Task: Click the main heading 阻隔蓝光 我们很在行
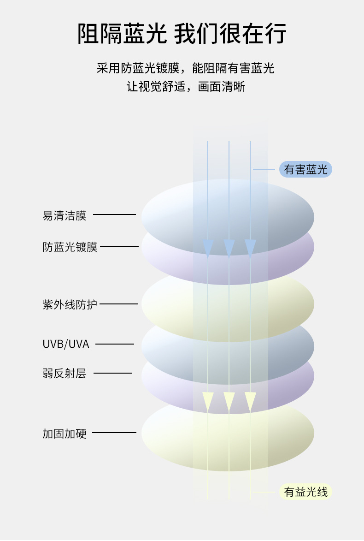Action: pyautogui.click(x=182, y=34)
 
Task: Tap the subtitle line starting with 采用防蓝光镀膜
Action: pyautogui.click(x=185, y=68)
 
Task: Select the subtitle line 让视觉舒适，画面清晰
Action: pyautogui.click(x=185, y=87)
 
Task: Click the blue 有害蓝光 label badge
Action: pyautogui.click(x=305, y=170)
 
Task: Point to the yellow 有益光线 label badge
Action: pyautogui.click(x=305, y=492)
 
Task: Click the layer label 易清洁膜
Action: pyautogui.click(x=65, y=215)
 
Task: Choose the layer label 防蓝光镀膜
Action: pyautogui.click(x=70, y=247)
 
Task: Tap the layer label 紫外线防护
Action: pyautogui.click(x=70, y=304)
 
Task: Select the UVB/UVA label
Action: pyautogui.click(x=66, y=344)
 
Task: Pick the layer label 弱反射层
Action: pyautogui.click(x=65, y=374)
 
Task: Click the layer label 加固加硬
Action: pyautogui.click(x=65, y=434)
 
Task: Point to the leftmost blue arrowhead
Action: pyautogui.click(x=208, y=248)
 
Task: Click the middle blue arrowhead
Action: pyautogui.click(x=229, y=248)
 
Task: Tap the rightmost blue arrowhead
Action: pyautogui.click(x=250, y=248)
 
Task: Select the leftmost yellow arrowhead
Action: pyautogui.click(x=208, y=401)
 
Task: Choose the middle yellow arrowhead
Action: pyautogui.click(x=229, y=401)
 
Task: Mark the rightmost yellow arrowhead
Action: pyautogui.click(x=250, y=401)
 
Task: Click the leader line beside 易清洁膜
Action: pyautogui.click(x=114, y=214)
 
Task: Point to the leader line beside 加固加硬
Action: pyautogui.click(x=114, y=433)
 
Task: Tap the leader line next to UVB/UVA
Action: pyautogui.click(x=115, y=344)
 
